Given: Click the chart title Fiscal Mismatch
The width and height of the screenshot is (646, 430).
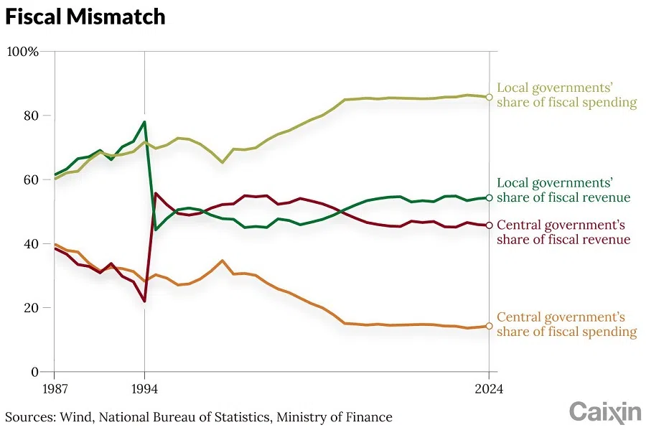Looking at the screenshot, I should (x=85, y=17).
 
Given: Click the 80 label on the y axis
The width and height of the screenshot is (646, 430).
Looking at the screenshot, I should (x=30, y=116).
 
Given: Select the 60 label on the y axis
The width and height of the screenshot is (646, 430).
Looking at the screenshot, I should (x=30, y=179).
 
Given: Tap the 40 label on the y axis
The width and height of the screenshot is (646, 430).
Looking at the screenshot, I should (x=30, y=243).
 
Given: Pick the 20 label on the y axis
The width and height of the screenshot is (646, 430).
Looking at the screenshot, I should (x=30, y=307).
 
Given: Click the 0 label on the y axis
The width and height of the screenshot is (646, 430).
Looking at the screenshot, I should (x=34, y=372).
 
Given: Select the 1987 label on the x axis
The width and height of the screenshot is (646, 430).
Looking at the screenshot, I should (x=55, y=390).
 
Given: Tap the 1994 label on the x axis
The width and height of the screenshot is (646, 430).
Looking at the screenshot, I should (x=145, y=390).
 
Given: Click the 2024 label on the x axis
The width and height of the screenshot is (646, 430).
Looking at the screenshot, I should (x=489, y=390).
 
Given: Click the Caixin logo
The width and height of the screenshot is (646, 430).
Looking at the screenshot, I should (x=605, y=412).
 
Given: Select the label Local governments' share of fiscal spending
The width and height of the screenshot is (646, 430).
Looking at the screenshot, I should (x=566, y=95).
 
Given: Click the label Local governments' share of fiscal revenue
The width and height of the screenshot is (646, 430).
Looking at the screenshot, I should (x=563, y=190).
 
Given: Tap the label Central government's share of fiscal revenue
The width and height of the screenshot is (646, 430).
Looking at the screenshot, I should (x=563, y=232).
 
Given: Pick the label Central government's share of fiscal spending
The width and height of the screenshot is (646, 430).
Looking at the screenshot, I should (x=566, y=324).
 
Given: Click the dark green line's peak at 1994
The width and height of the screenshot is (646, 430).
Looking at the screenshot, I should (x=145, y=122).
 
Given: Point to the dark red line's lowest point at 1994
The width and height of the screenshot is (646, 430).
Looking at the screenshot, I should (x=145, y=301).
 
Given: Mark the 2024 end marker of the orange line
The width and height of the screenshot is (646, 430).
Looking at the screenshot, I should (x=489, y=326).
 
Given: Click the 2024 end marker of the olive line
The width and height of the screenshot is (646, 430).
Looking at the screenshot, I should (x=489, y=97).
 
